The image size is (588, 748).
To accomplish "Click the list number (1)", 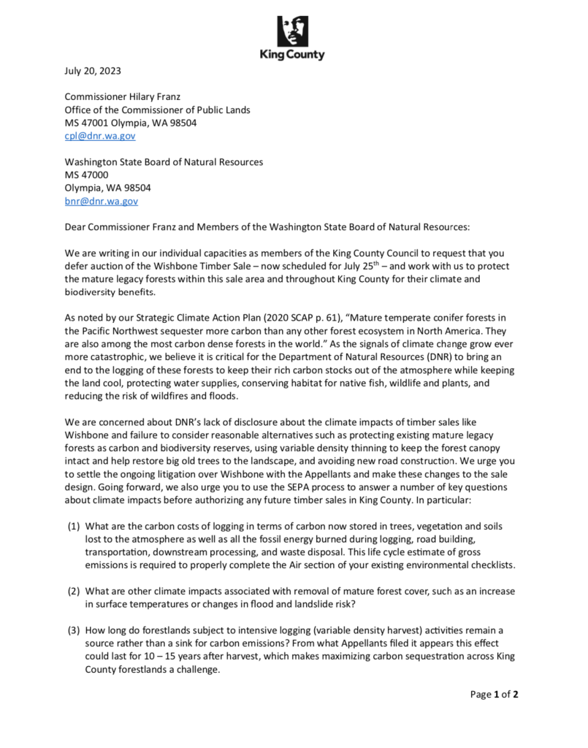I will [x=74, y=526].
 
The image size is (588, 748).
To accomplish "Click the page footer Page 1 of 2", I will [x=495, y=694].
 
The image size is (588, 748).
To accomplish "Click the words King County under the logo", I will [x=293, y=56].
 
